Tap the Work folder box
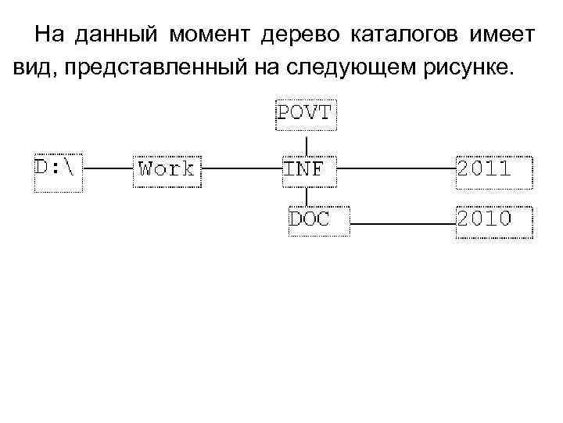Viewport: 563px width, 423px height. pyautogui.click(x=167, y=168)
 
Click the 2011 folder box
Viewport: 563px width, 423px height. pyautogui.click(x=494, y=168)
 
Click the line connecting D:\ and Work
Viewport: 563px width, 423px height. pyautogui.click(x=108, y=168)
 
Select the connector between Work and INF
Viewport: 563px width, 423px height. pyautogui.click(x=241, y=168)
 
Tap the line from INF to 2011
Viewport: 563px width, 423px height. pyautogui.click(x=396, y=168)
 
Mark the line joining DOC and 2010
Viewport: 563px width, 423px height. pyautogui.click(x=396, y=223)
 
